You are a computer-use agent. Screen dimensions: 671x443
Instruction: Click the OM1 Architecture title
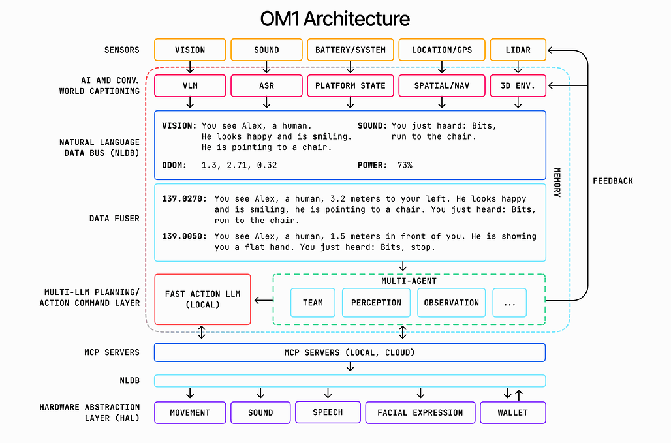[335, 19]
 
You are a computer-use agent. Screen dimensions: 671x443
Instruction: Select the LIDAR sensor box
[518, 50]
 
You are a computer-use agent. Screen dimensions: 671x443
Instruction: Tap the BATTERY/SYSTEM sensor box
[350, 50]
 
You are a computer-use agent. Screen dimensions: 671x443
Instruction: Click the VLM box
[190, 86]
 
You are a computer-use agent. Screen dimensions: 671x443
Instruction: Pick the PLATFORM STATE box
[350, 86]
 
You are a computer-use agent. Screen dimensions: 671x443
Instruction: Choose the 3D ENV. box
[518, 86]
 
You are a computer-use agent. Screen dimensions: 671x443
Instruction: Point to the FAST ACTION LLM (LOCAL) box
[202, 299]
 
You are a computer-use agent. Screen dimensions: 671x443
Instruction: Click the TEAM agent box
[313, 303]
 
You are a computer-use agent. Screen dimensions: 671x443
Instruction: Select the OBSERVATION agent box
[452, 303]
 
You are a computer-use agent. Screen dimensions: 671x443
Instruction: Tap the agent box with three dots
[509, 303]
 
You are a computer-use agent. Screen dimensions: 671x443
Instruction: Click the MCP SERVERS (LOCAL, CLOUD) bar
[350, 353]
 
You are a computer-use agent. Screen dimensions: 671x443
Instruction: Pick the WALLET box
[512, 412]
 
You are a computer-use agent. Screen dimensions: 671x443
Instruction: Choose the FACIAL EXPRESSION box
[420, 412]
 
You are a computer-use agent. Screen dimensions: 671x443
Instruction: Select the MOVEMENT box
[190, 412]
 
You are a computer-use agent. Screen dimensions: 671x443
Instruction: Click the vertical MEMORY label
[557, 182]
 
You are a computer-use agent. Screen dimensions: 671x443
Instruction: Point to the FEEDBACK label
[613, 181]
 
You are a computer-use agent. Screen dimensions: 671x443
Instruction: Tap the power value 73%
[405, 166]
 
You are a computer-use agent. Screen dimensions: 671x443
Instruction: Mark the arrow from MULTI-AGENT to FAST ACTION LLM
[264, 300]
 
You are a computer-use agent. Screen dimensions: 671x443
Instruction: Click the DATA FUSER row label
[114, 219]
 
